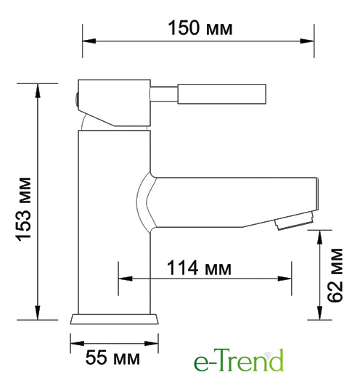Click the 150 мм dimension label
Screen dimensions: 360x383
click(x=200, y=28)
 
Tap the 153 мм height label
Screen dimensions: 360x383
click(x=24, y=210)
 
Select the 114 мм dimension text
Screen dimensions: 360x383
click(x=199, y=268)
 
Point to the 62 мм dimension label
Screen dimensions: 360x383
click(x=335, y=276)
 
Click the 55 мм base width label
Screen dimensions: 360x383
click(x=112, y=358)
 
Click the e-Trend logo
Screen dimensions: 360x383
click(x=239, y=360)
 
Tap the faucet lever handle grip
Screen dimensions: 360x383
click(x=221, y=94)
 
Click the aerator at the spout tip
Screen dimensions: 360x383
click(x=294, y=221)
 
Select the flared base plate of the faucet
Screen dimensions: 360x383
click(x=115, y=319)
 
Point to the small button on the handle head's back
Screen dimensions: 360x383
click(x=76, y=99)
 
